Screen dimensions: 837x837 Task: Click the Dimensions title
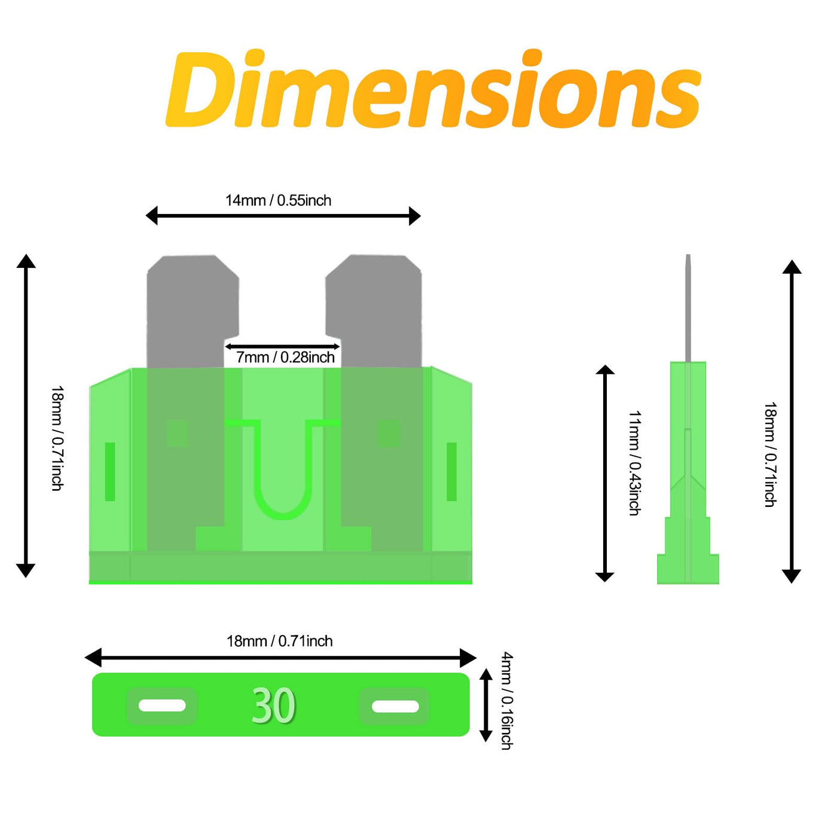[x=433, y=89]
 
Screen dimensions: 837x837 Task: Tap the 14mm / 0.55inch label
[x=279, y=201]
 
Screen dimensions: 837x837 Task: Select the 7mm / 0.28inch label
[x=285, y=358]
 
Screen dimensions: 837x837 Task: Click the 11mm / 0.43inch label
[x=634, y=463]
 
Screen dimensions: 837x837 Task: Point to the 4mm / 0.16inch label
[x=507, y=701]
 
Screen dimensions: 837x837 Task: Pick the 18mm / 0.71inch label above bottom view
[x=280, y=641]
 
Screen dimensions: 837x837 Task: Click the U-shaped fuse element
[x=283, y=515]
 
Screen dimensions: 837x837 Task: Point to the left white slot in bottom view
[x=162, y=705]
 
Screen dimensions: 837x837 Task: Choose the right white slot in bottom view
[x=395, y=706]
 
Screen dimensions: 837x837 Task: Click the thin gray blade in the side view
[x=688, y=308]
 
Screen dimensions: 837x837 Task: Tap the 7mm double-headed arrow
[x=282, y=346]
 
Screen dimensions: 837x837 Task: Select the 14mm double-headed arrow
[x=283, y=216]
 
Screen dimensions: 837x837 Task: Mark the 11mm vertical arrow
[x=604, y=473]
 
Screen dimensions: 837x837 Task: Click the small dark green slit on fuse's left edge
[x=110, y=472]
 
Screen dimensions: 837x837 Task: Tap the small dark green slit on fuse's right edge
[x=452, y=472]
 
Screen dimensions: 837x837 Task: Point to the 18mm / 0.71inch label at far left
[x=57, y=438]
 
